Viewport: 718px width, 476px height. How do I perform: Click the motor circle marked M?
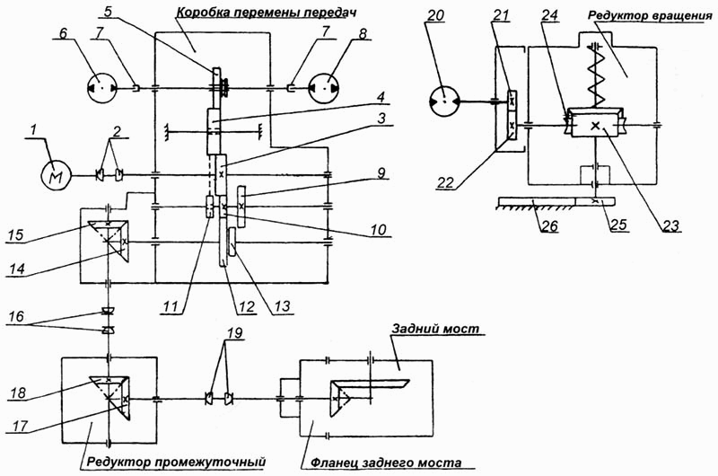click(x=57, y=175)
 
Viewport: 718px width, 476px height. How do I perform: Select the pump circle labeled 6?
click(x=102, y=88)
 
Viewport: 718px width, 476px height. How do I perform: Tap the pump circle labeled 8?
click(x=325, y=88)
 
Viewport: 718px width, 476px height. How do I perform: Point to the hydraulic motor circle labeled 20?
click(x=444, y=101)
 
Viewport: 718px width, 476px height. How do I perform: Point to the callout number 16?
click(x=16, y=316)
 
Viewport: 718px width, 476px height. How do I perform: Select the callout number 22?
click(x=444, y=183)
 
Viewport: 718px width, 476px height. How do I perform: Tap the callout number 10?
click(x=378, y=229)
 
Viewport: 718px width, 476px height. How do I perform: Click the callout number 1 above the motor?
click(x=32, y=131)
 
